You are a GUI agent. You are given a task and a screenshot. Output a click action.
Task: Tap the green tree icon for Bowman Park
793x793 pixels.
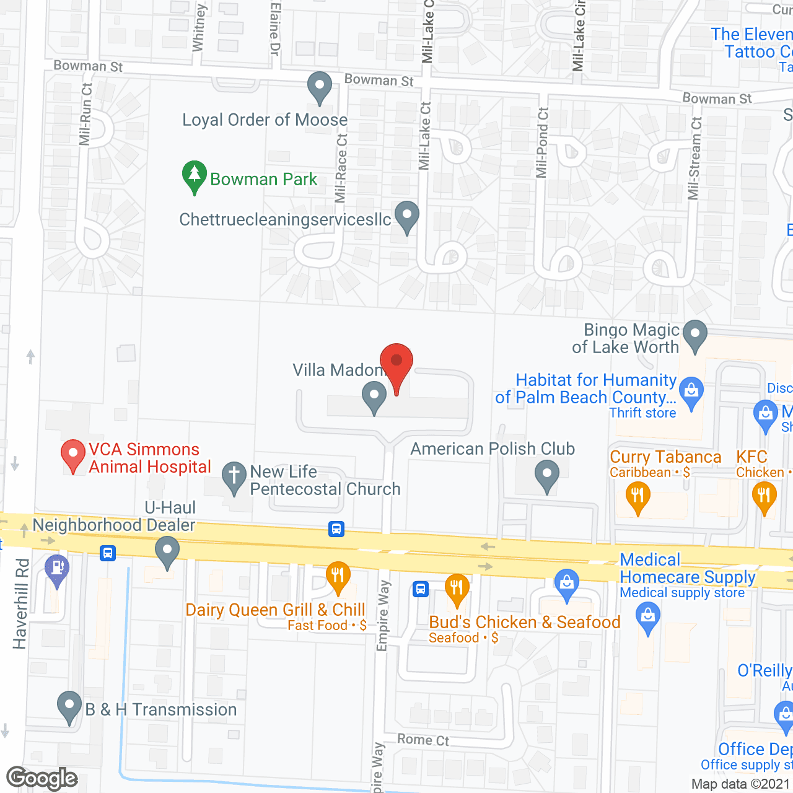point(195,175)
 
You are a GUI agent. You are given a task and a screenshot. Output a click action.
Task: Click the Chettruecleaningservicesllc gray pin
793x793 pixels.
point(407,216)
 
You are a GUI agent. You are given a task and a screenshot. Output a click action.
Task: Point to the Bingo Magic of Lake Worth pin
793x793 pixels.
point(695,335)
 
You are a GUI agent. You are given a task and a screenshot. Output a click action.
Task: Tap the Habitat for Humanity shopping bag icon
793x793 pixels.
point(691,392)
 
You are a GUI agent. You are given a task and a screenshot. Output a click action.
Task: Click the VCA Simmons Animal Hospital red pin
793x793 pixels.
point(73,455)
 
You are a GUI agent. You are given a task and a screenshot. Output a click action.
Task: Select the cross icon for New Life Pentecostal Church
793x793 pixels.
point(234,477)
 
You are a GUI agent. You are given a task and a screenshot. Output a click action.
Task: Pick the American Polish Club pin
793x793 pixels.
point(546,477)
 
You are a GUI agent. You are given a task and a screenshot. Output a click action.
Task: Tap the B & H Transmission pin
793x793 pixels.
point(69,706)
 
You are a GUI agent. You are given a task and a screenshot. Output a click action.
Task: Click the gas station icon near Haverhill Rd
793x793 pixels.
point(58,569)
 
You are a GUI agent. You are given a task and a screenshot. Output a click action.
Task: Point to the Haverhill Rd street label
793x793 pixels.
point(20,604)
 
